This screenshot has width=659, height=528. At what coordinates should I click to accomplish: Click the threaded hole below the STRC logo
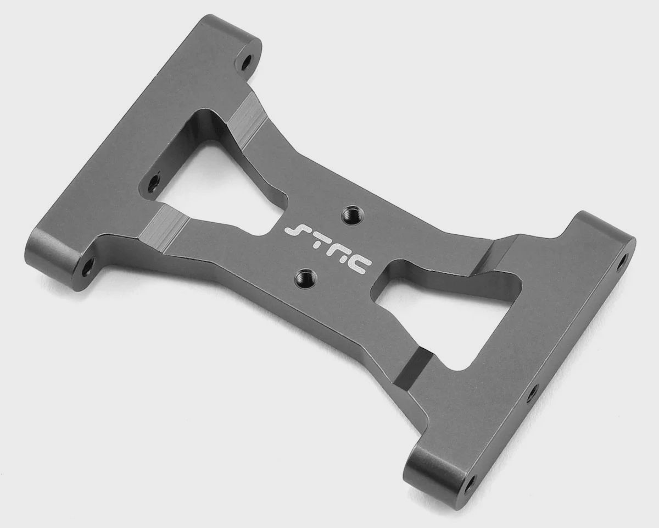(304, 277)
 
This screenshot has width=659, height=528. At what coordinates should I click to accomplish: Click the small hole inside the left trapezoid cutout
(152, 184)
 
